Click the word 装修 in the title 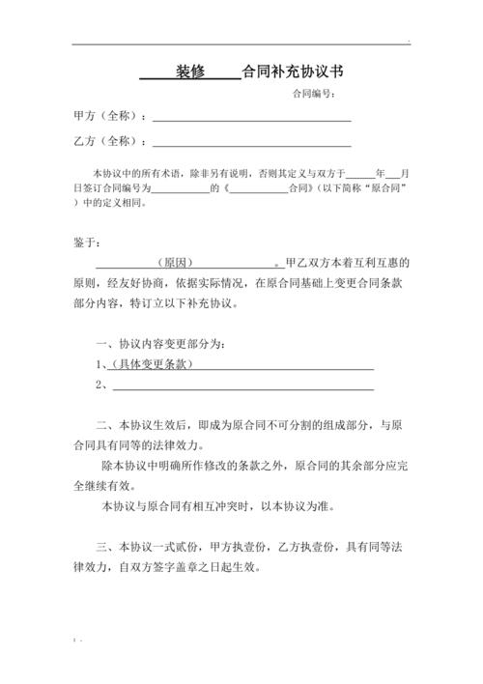pyautogui.click(x=190, y=71)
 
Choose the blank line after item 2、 pyautogui.click(x=241, y=385)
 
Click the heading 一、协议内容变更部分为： pyautogui.click(x=161, y=344)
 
